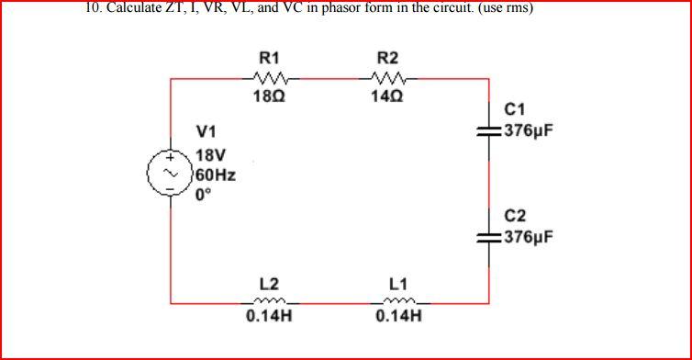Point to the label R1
270,59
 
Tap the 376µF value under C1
528,131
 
